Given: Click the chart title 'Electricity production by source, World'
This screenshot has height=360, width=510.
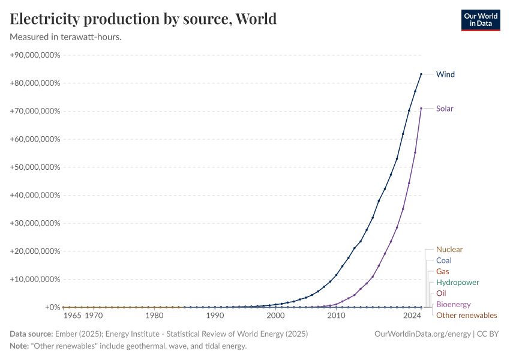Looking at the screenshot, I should coord(143,19).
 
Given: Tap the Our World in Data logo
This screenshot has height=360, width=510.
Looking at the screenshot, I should coord(480,20).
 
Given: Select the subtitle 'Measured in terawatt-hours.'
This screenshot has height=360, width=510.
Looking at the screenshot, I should coord(66,37).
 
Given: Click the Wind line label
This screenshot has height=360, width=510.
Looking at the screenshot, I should coord(445,74).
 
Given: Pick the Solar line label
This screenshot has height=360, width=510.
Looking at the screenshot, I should coord(445,109).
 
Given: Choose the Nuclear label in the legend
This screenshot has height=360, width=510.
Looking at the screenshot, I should coord(449,249).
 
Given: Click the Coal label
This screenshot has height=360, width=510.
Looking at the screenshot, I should coord(444,260).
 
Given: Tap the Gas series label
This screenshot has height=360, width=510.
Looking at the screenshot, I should coord(443,271).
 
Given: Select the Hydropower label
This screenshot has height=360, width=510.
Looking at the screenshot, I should coord(457,282).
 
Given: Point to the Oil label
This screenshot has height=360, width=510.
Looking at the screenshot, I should coord(441,293).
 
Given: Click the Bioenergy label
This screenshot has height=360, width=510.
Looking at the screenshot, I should coord(453,304).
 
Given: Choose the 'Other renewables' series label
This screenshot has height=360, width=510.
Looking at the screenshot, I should coord(466,315).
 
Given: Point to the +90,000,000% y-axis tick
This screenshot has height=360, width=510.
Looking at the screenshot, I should coord(35,55).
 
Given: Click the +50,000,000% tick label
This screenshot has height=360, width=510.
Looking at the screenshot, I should coord(35,167).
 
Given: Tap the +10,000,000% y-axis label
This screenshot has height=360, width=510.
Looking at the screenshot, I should coord(35,280).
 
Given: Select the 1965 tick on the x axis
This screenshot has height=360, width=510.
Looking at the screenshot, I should coord(72,316).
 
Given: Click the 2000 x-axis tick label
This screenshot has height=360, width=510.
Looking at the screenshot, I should coord(275,316).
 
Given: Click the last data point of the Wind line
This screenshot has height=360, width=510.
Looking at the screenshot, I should coord(421,74).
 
